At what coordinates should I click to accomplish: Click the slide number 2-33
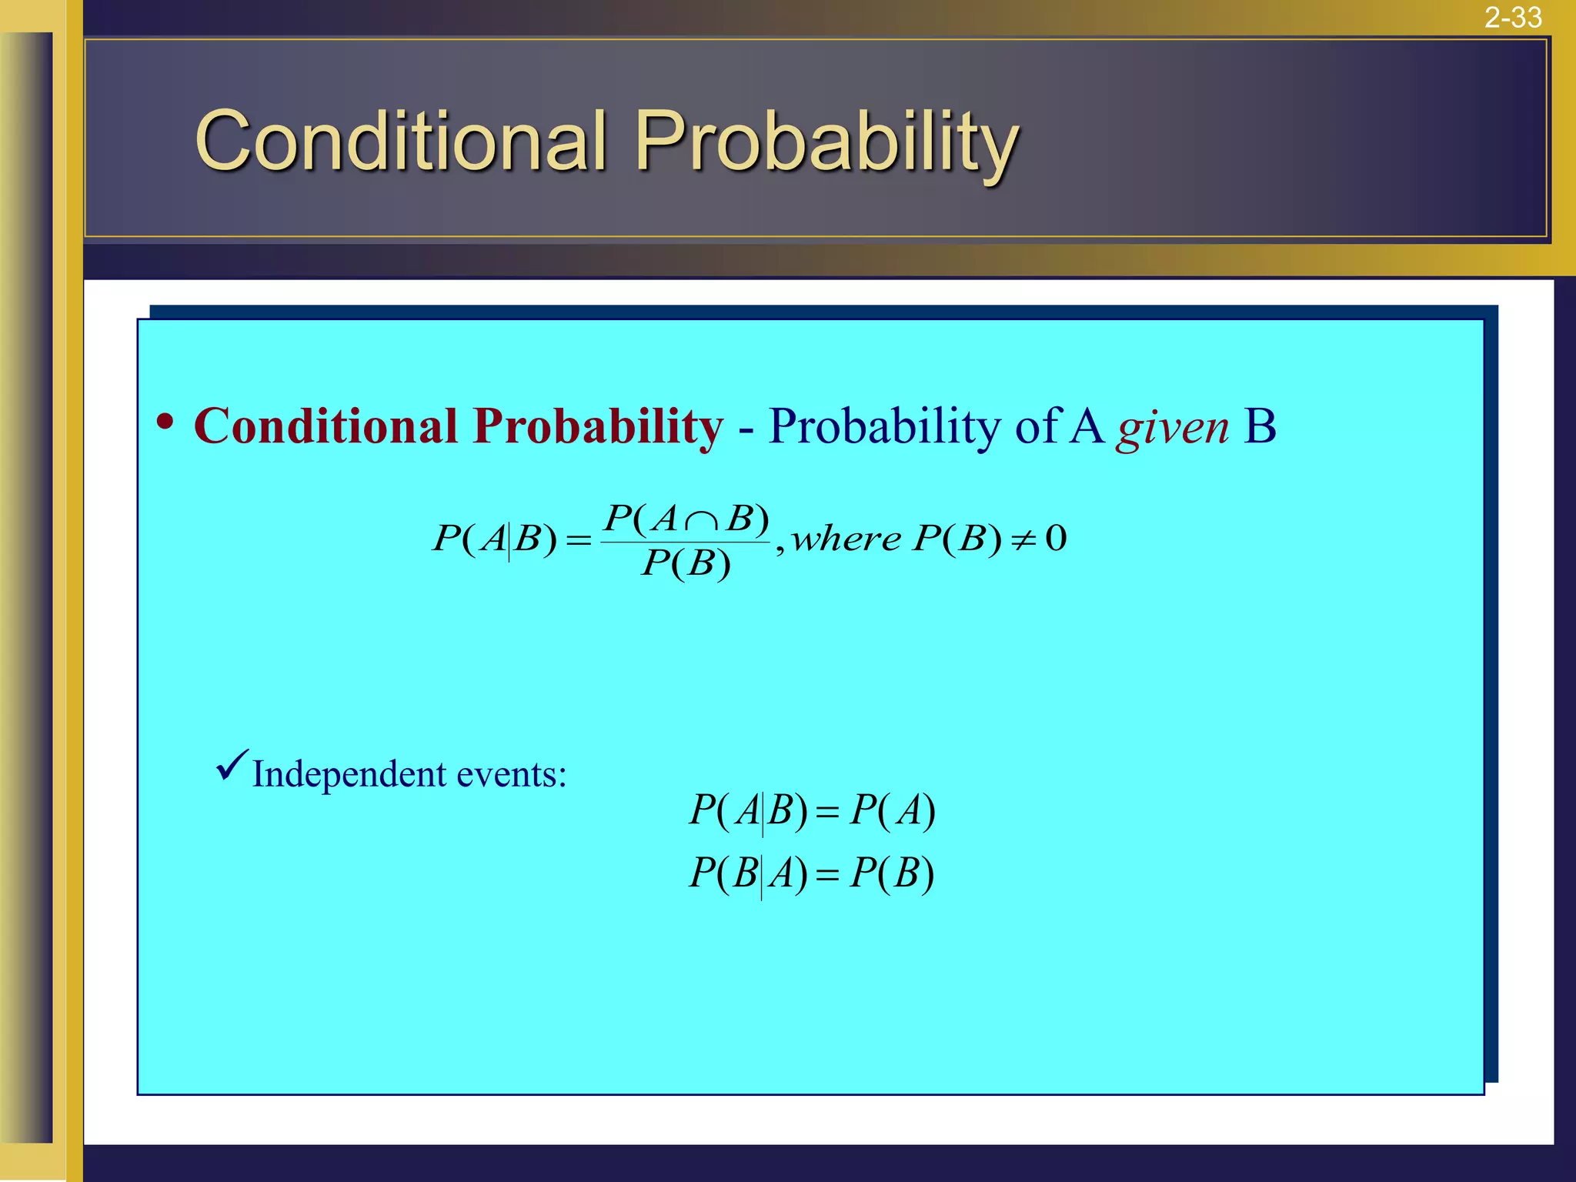pyautogui.click(x=1513, y=17)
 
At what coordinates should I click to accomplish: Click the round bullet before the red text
pyautogui.click(x=165, y=422)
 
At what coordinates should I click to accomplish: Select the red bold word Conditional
pyautogui.click(x=326, y=426)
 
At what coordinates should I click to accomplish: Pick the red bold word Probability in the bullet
pyautogui.click(x=598, y=427)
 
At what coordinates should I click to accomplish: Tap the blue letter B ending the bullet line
pyautogui.click(x=1260, y=426)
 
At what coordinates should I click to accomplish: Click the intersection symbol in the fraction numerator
pyautogui.click(x=701, y=522)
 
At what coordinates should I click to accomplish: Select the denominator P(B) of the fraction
pyautogui.click(x=686, y=564)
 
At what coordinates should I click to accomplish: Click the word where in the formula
pyautogui.click(x=846, y=538)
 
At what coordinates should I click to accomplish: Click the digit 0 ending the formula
pyautogui.click(x=1057, y=538)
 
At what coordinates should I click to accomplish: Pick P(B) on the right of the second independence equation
pyautogui.click(x=892, y=874)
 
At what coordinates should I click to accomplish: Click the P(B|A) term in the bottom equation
pyautogui.click(x=748, y=874)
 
